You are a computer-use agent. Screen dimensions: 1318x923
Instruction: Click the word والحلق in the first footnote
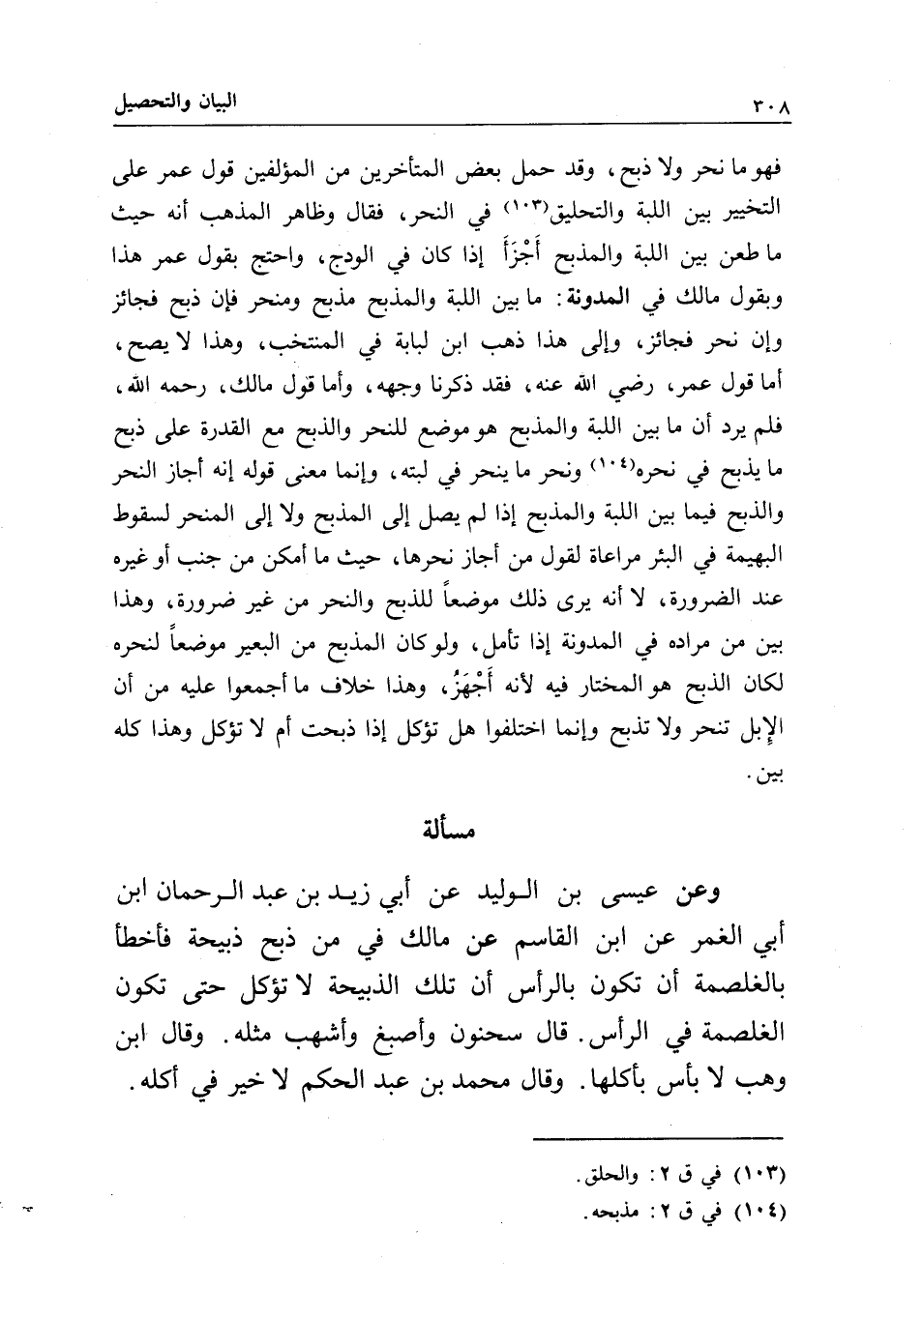coord(615,1179)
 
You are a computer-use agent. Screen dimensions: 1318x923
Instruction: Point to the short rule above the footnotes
coord(657,1138)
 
